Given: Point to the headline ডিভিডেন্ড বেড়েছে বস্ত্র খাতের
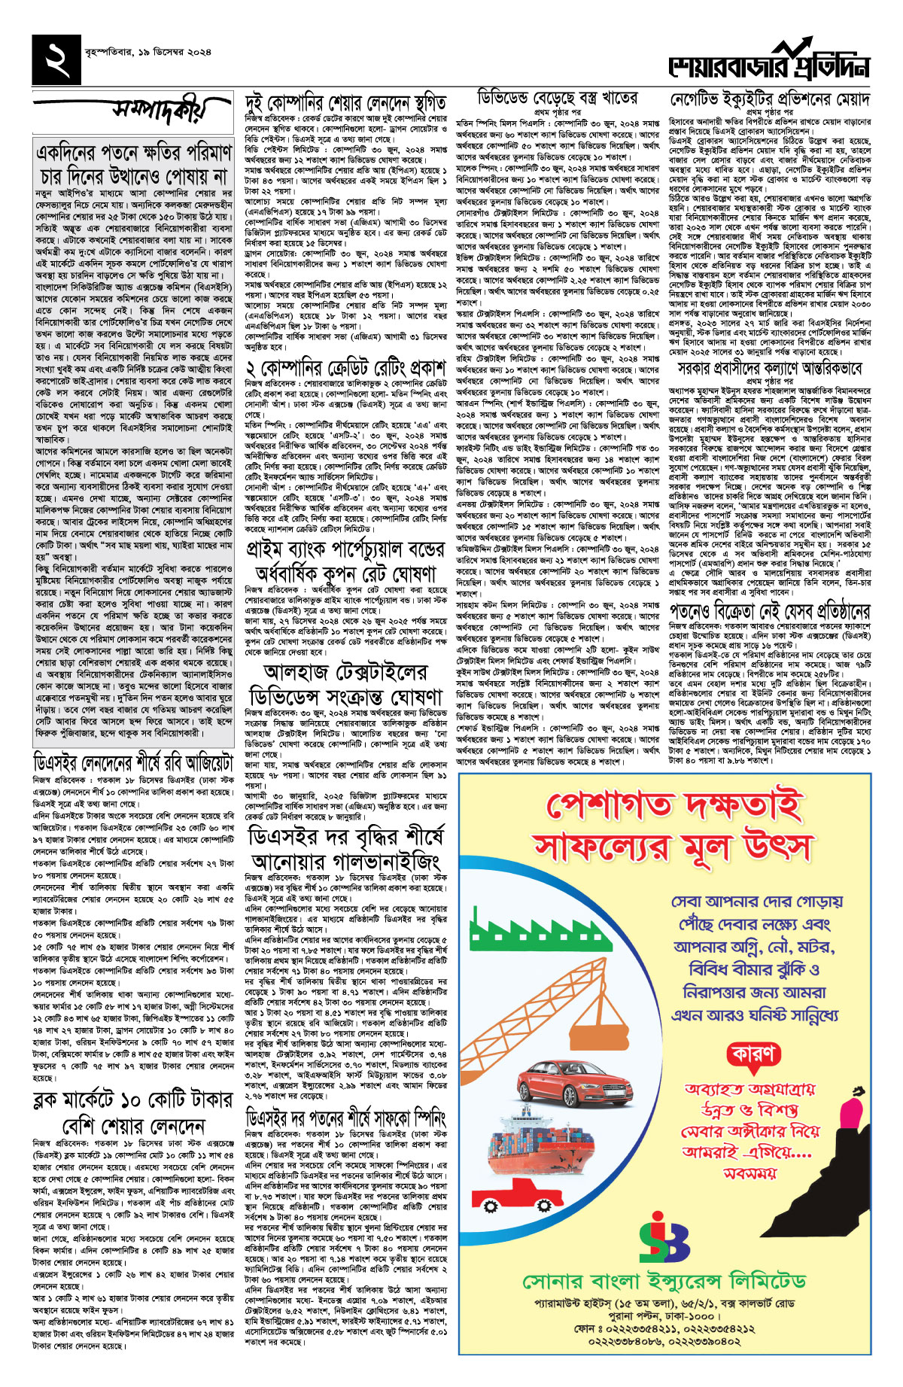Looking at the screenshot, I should [558, 98].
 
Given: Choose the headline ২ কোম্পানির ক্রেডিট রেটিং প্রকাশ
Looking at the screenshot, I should [346, 369].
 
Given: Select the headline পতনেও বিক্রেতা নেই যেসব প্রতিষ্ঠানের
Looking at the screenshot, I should [769, 610].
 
